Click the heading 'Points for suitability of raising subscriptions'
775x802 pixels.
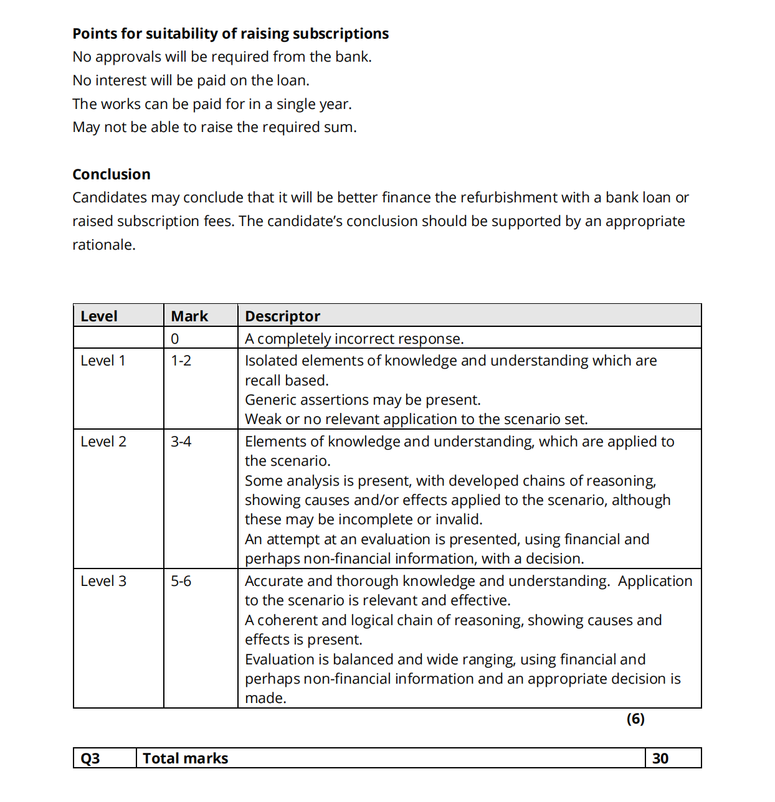(231, 34)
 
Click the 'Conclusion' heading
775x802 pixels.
(112, 174)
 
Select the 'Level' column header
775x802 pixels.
(99, 316)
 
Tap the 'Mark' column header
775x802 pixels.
(189, 316)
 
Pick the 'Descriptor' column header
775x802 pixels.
(282, 316)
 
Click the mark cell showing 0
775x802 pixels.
(175, 339)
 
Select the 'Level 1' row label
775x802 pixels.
(103, 361)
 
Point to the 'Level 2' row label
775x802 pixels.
(103, 441)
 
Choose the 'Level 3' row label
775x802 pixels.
(103, 581)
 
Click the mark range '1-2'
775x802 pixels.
(181, 361)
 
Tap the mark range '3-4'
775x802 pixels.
(181, 441)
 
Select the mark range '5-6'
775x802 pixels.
(181, 581)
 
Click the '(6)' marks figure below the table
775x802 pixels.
(635, 719)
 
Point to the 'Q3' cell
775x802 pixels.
(90, 758)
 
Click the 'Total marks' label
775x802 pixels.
(186, 758)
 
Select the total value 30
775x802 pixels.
(660, 758)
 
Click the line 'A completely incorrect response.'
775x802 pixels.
(354, 339)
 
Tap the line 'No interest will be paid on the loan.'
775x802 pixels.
(191, 80)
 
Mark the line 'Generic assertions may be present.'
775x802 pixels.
(363, 400)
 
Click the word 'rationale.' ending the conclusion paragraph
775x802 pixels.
(104, 245)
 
